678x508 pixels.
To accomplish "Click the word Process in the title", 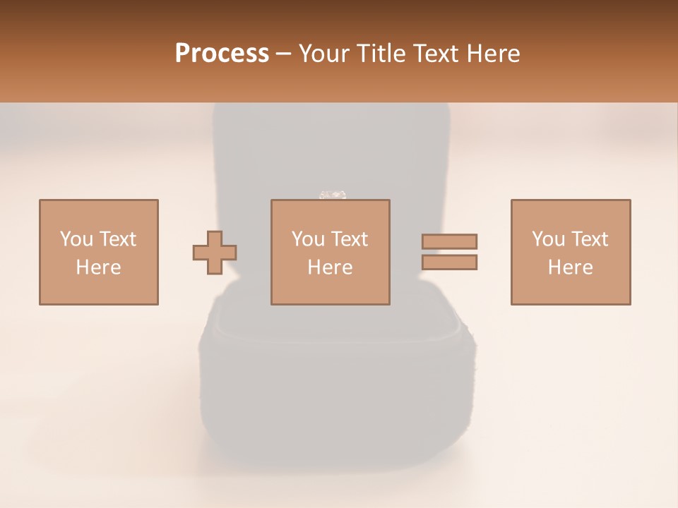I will [x=222, y=54].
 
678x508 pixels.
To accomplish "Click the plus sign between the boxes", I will [x=215, y=253].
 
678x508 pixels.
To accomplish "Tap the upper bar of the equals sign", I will [x=449, y=241].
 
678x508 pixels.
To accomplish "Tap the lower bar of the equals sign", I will [x=449, y=262].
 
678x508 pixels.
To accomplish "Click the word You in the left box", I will [x=76, y=239].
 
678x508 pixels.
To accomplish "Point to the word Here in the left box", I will [x=98, y=267].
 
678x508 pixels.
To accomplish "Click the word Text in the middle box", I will [x=350, y=239].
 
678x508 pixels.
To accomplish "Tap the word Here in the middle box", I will [x=330, y=267].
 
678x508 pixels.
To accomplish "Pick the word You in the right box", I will [x=548, y=239].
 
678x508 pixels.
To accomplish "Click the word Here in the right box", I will [x=571, y=267].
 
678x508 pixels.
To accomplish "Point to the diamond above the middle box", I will [x=333, y=194].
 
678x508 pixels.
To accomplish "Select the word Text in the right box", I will [x=590, y=239].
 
